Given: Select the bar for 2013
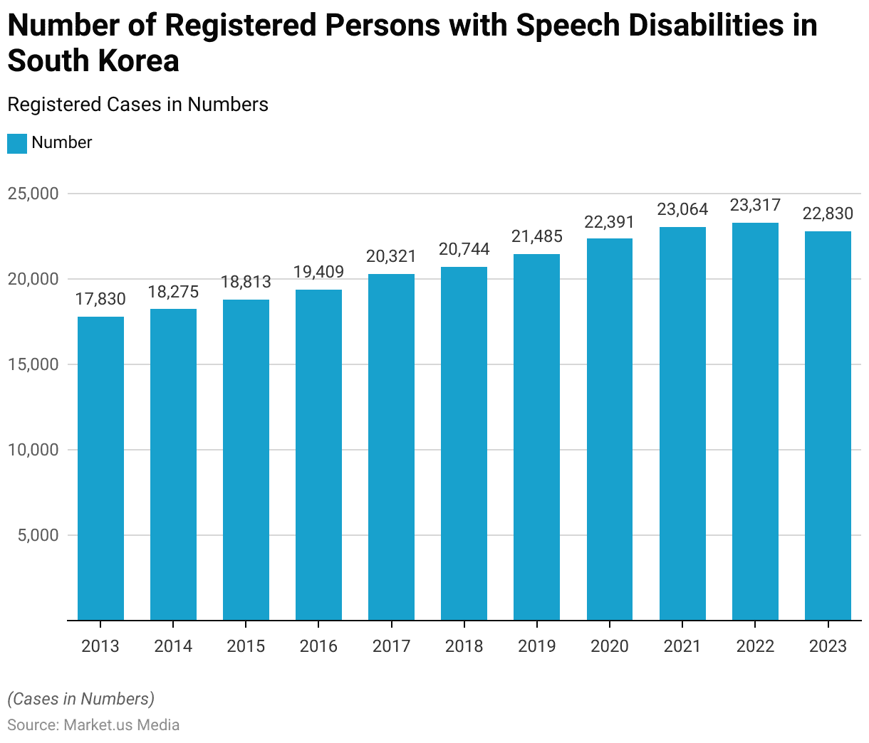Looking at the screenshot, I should click(100, 468).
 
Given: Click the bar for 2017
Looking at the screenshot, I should click(391, 447).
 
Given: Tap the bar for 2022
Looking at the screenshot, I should click(755, 421).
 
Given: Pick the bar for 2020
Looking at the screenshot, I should click(610, 429).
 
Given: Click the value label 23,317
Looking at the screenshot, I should click(755, 206).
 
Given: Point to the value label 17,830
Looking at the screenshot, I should click(100, 299).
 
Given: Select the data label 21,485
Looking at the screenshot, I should click(537, 236).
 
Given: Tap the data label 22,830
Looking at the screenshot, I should click(828, 214).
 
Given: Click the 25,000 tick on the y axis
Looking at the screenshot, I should click(33, 194).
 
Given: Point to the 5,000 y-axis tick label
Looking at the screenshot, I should click(38, 535).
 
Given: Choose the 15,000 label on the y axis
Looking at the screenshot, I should click(33, 364).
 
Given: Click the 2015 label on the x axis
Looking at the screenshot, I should click(246, 646).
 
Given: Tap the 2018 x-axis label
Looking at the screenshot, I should click(464, 646).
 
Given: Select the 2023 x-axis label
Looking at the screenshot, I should click(828, 646).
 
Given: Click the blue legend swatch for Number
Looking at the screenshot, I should click(17, 143).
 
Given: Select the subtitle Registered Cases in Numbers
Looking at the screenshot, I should click(137, 105).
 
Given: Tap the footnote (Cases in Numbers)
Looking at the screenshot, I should click(80, 699).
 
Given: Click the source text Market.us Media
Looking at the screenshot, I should click(121, 725).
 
